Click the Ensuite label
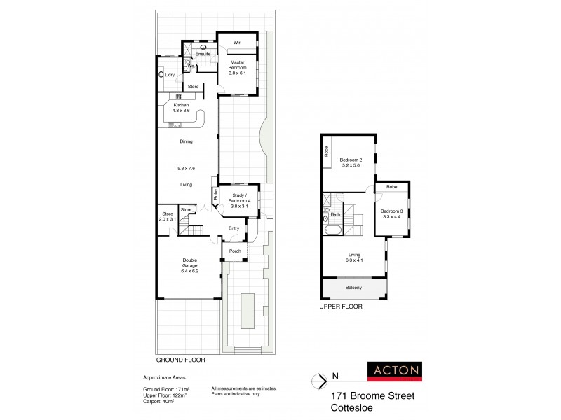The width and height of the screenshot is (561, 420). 204,53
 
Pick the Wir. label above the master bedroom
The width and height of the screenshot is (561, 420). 238,43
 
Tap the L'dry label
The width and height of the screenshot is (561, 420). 170,74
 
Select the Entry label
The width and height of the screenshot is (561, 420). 234,228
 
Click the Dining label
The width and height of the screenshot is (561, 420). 186,141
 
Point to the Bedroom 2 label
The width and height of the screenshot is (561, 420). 350,162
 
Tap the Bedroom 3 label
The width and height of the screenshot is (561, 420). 391,214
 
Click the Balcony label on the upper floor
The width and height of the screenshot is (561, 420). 353,286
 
